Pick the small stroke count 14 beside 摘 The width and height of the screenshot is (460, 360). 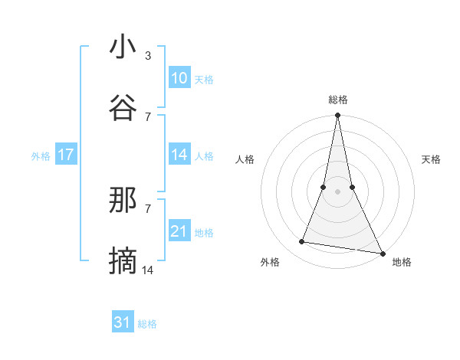click(149, 270)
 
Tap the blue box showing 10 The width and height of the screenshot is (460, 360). click(179, 78)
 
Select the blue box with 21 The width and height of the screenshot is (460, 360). click(179, 231)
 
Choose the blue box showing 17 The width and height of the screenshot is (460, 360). click(66, 155)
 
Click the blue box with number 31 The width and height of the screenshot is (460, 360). click(123, 322)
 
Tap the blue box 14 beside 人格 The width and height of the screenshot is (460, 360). click(179, 155)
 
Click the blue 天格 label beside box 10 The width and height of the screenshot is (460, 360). click(204, 79)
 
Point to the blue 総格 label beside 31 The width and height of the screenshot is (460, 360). click(147, 324)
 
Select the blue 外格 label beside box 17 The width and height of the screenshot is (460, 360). click(41, 155)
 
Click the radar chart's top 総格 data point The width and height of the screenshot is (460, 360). click(337, 116)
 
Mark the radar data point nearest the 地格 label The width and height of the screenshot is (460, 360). click(382, 252)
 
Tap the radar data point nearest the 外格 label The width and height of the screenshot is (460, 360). click(302, 242)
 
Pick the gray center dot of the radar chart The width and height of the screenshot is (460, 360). click(337, 191)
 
